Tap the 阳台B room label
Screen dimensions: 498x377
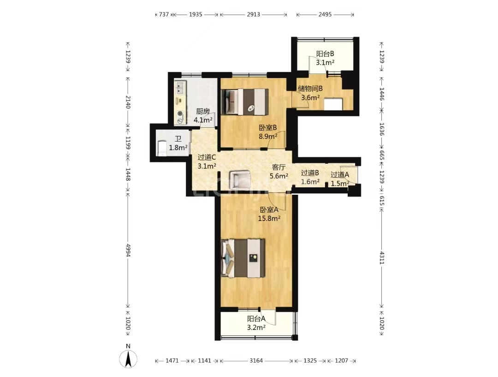(x=325, y=54)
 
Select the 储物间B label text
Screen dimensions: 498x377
(x=310, y=89)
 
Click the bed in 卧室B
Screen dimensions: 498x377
(x=244, y=102)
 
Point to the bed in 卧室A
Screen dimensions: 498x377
(x=243, y=258)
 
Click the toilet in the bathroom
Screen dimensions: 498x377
(x=162, y=148)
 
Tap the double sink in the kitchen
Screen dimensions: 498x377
(x=180, y=88)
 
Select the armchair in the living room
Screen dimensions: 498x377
(x=240, y=180)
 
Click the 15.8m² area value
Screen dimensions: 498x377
(x=269, y=218)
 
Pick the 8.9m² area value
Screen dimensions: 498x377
(x=268, y=137)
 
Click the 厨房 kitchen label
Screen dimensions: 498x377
(x=203, y=111)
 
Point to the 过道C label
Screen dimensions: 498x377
(x=207, y=157)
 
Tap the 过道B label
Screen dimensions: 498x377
(x=310, y=173)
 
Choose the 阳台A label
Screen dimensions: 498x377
(x=256, y=318)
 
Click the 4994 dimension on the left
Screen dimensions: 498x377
(x=128, y=250)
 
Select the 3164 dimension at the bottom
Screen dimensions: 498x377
(x=256, y=360)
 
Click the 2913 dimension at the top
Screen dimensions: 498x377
(x=254, y=14)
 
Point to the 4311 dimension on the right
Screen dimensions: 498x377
(x=382, y=258)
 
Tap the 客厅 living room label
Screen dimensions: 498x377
(x=279, y=167)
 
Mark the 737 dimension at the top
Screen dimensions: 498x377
(x=164, y=14)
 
